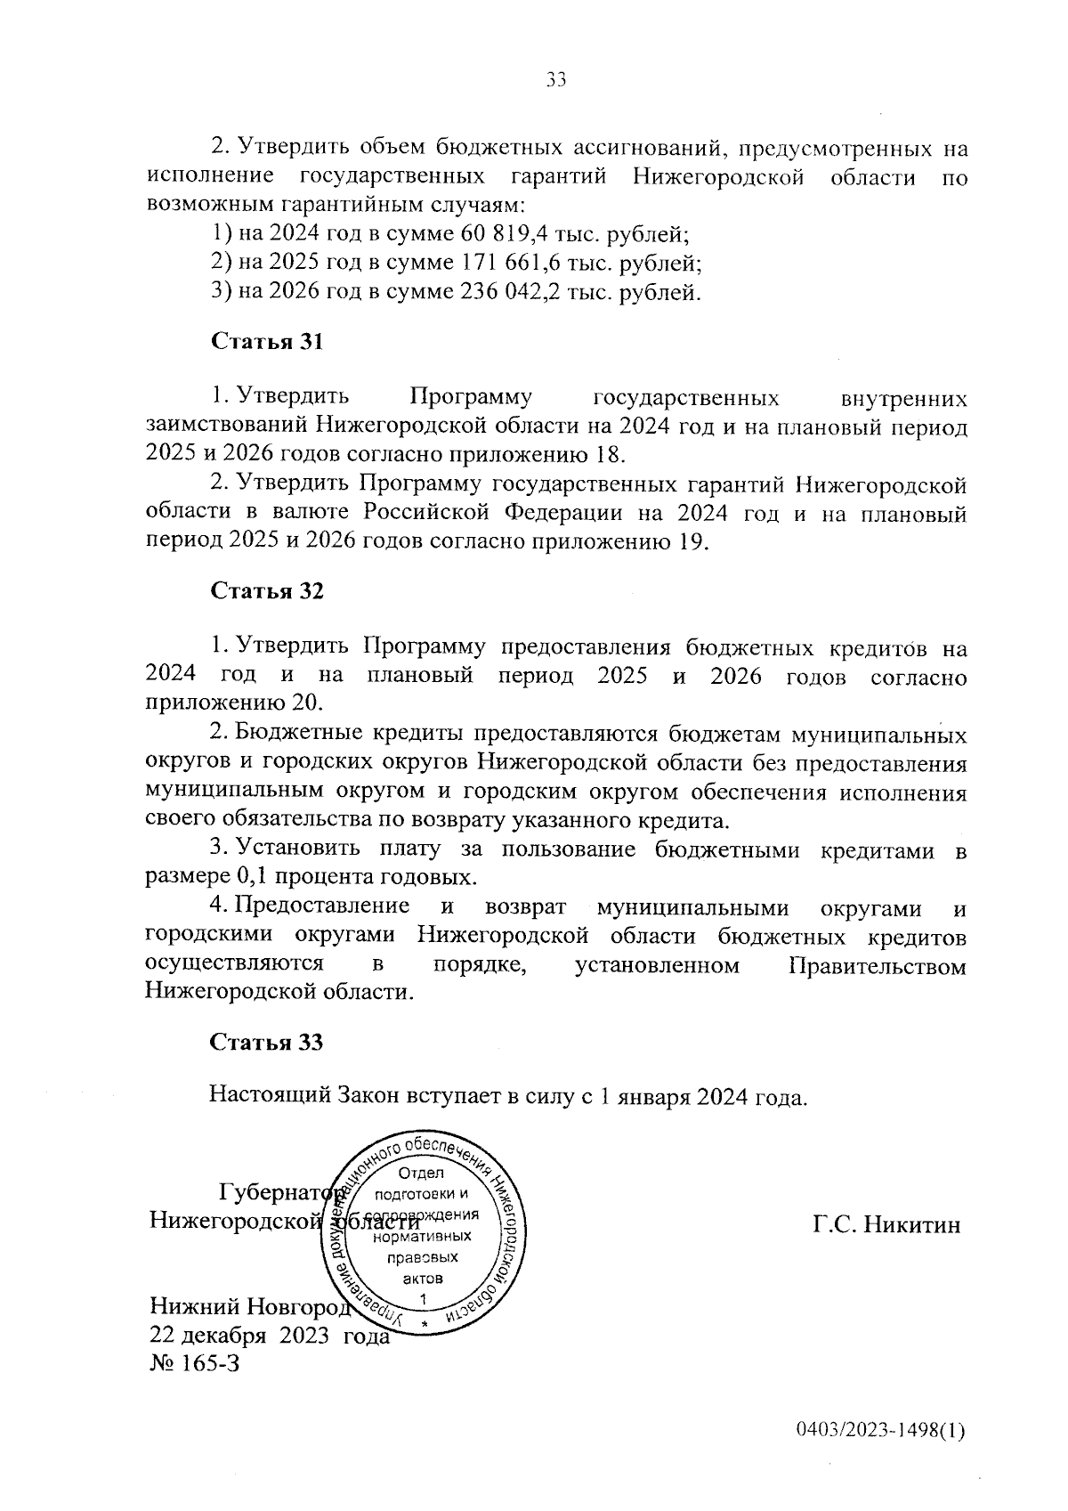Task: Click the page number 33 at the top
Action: coord(556,80)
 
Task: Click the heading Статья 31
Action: coord(266,343)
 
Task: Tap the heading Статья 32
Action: coord(266,592)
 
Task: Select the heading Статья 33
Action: coord(266,1043)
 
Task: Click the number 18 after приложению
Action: coord(604,455)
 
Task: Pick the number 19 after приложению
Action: coord(688,542)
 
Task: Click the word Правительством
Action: coord(877,968)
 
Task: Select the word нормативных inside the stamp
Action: coord(423,1237)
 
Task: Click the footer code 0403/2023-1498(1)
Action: coord(880,1456)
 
